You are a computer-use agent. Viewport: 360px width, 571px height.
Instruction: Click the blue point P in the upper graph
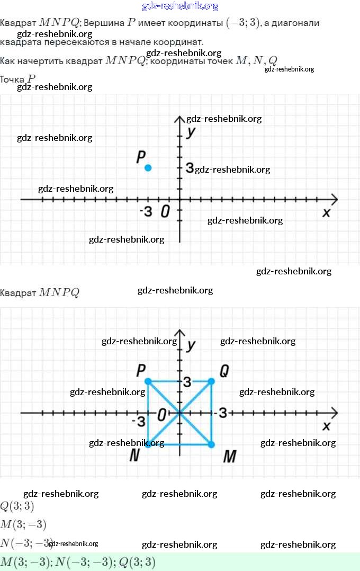click(x=148, y=168)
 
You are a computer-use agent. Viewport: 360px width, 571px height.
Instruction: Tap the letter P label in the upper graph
click(x=140, y=157)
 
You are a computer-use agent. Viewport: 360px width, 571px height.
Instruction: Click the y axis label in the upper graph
click(x=191, y=131)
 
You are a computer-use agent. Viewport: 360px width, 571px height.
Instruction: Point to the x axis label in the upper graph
click(x=326, y=212)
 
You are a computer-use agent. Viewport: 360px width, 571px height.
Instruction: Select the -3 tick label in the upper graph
click(x=146, y=211)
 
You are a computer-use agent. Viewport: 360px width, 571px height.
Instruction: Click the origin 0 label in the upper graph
click(x=165, y=211)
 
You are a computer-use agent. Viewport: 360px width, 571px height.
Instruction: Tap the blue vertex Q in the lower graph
click(x=211, y=381)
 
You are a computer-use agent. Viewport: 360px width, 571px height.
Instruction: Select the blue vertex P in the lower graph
click(x=148, y=381)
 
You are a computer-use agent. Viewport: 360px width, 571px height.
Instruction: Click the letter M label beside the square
click(x=229, y=456)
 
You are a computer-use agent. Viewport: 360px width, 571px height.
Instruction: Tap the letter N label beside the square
click(x=134, y=456)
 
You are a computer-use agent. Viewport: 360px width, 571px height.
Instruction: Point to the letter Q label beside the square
click(x=224, y=371)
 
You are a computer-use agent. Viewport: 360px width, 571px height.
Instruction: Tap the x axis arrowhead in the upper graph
click(x=334, y=199)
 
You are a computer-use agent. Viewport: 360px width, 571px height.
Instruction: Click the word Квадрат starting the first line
click(x=18, y=23)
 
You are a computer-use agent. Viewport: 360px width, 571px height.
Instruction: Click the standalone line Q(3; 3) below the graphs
click(x=17, y=506)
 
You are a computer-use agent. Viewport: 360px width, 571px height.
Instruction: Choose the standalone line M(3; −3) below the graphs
click(x=23, y=525)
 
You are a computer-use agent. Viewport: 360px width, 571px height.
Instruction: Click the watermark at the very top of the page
click(x=180, y=6)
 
